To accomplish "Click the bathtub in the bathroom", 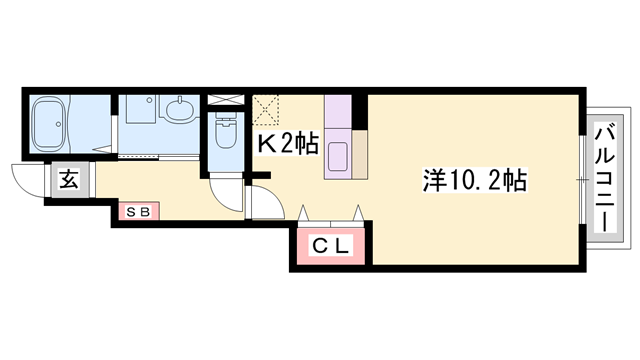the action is click(x=50, y=124).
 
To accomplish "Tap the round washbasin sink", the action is click(x=179, y=108).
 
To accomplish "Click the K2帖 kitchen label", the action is click(x=287, y=143).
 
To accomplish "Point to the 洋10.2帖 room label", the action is click(x=475, y=180).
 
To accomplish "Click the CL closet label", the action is click(x=331, y=246).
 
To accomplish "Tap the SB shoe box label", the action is click(x=138, y=211).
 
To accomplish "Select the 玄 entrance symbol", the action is click(x=69, y=180).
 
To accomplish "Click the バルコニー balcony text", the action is click(x=605, y=179).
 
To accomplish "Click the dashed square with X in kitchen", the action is click(x=265, y=109).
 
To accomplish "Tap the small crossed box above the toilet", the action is click(x=226, y=100).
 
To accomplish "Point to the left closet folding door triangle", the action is click(x=303, y=213).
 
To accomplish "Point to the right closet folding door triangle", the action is click(x=358, y=213).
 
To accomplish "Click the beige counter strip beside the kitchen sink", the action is click(x=360, y=154).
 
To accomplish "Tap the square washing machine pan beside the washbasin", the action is click(x=140, y=109).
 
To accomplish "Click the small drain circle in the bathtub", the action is click(x=59, y=124).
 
